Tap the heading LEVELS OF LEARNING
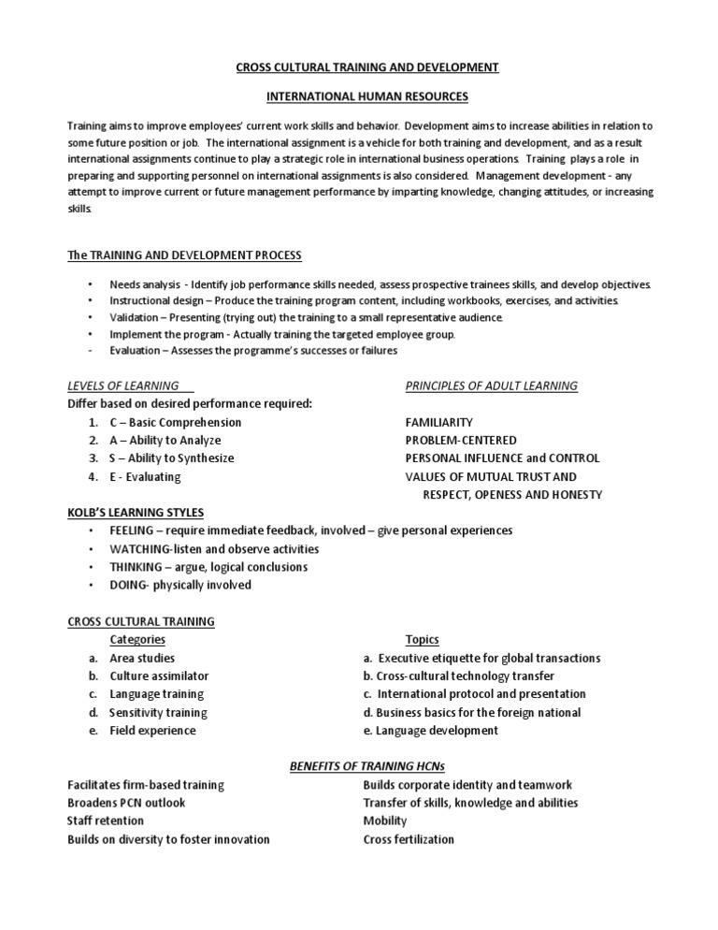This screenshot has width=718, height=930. (124, 385)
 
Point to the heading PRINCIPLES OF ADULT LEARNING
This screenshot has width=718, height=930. (491, 385)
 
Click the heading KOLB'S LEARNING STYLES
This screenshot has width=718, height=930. (136, 513)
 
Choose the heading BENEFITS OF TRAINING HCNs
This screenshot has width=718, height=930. (366, 767)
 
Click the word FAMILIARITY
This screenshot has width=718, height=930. (438, 422)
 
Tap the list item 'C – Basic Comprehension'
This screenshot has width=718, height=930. (175, 422)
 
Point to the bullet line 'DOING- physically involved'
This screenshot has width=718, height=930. (180, 586)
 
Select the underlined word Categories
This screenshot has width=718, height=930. (137, 640)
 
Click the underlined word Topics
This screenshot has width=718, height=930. (422, 640)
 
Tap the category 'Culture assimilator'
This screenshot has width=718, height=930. (159, 676)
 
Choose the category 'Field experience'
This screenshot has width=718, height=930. (152, 731)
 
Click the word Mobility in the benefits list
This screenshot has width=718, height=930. (385, 821)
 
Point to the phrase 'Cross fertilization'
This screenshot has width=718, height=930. (409, 839)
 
